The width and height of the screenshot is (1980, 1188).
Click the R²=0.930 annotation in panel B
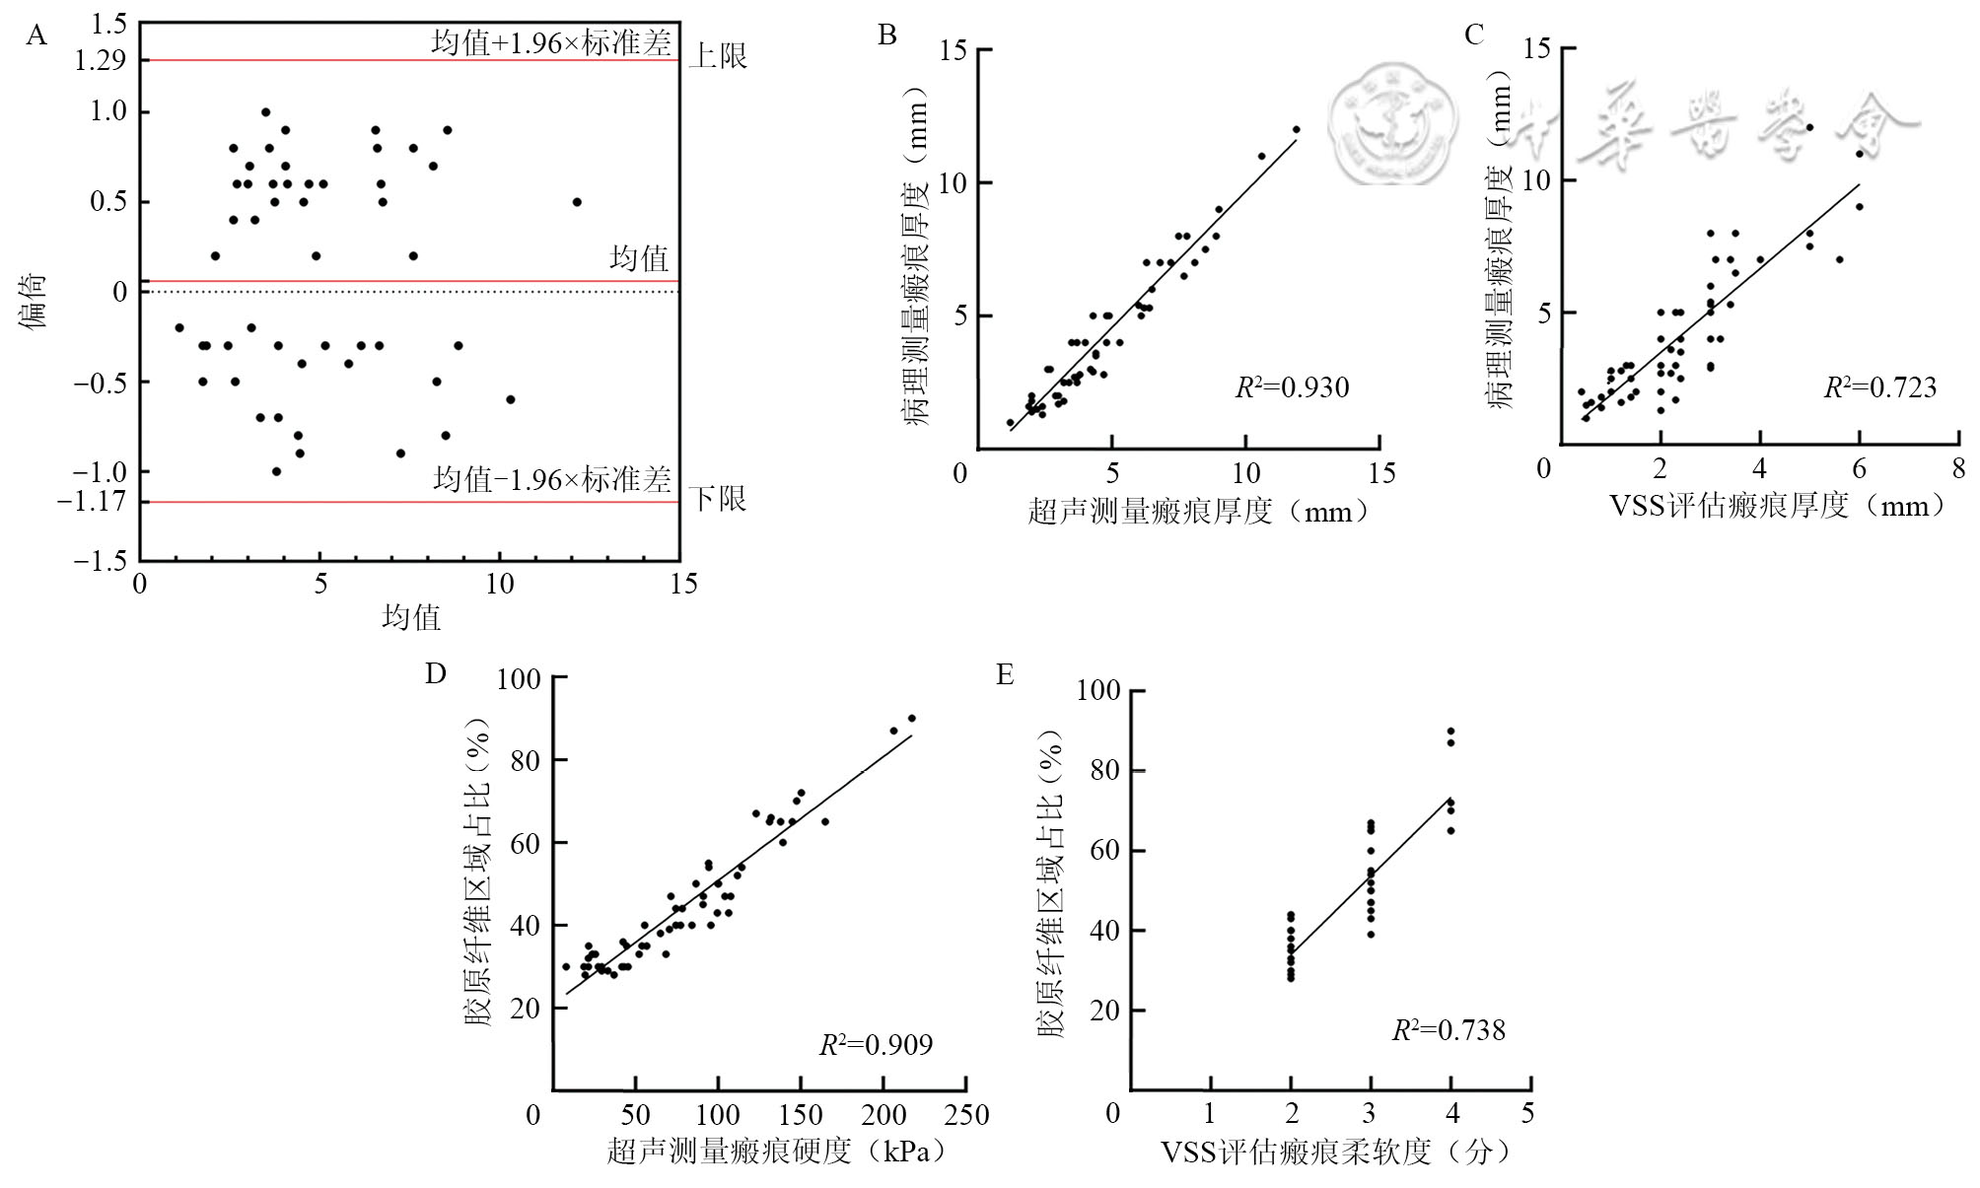1292,387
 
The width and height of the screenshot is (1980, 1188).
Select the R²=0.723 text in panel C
1879,387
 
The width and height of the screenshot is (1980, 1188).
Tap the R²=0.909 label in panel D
876,1044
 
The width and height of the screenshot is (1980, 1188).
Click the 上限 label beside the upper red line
717,56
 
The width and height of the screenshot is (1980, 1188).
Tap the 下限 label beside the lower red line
717,499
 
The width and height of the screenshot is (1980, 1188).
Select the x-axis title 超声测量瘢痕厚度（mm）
1199,511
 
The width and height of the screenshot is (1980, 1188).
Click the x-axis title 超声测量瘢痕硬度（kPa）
776,1151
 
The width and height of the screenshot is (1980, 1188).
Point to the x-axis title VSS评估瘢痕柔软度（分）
1336,1152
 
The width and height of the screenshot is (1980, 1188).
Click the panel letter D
435,673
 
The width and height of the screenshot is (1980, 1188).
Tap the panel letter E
1005,675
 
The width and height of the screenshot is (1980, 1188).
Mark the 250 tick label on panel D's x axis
964,1115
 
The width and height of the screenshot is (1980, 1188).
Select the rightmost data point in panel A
577,202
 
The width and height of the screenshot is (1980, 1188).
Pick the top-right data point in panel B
1296,129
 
